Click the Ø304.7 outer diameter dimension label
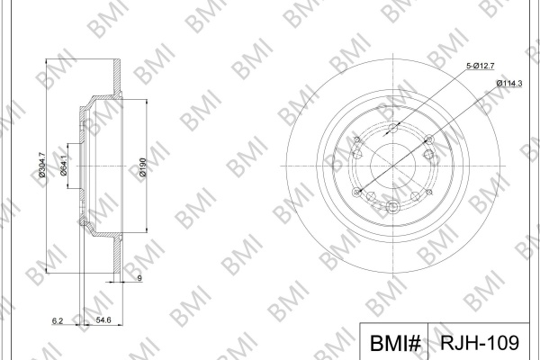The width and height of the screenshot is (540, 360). click(42, 165)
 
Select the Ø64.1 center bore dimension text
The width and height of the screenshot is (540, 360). click(64, 166)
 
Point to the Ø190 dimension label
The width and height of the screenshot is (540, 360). click(143, 167)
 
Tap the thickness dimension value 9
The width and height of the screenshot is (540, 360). click(139, 278)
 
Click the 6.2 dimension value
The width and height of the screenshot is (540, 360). click(58, 320)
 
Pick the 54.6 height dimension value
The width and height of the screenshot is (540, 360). click(103, 320)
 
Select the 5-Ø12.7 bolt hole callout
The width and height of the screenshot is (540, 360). click(481, 66)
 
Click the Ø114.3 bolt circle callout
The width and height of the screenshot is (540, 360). click(509, 83)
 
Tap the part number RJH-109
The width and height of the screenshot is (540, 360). click(480, 342)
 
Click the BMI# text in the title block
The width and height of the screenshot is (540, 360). click(395, 343)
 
